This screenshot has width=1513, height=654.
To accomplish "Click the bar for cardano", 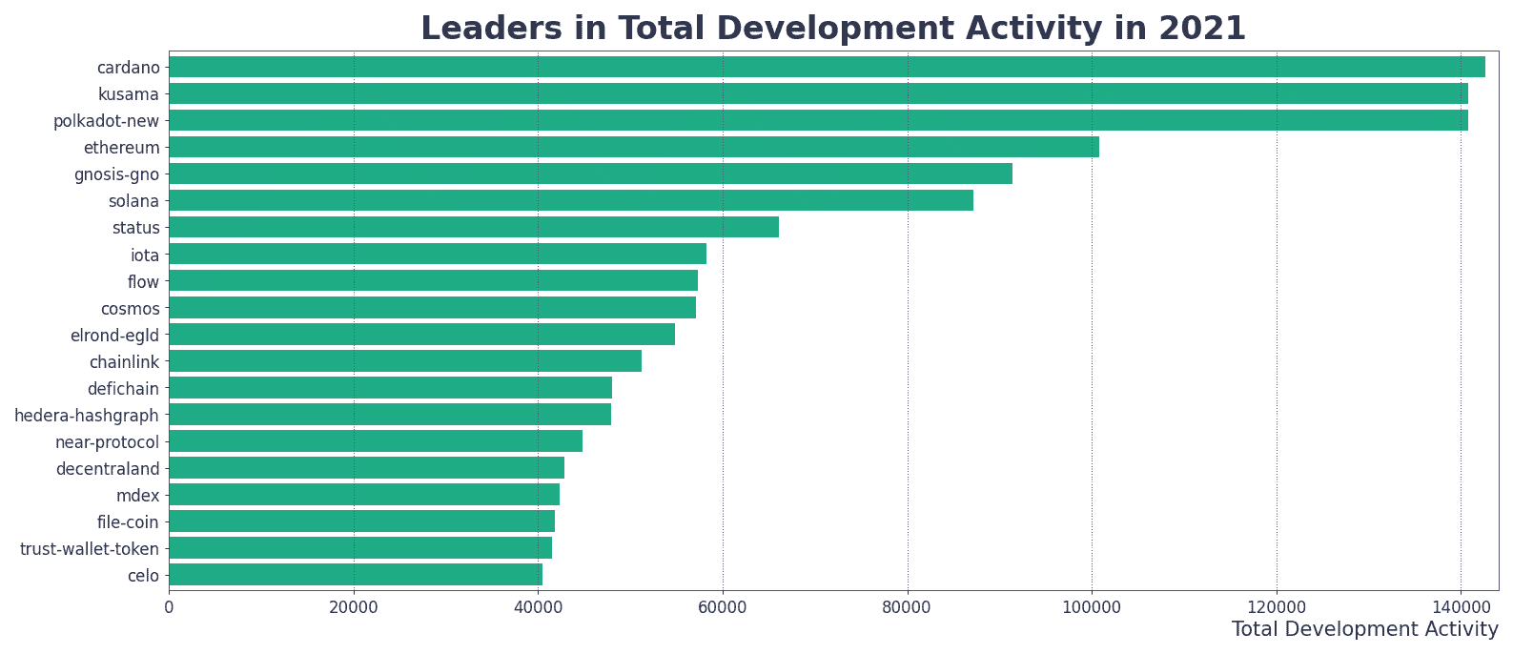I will [x=827, y=67].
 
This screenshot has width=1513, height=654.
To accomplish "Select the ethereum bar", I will [x=634, y=147].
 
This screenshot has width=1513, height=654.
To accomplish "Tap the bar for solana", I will [x=571, y=200].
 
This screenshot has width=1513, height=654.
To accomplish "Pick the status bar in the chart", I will [x=474, y=227].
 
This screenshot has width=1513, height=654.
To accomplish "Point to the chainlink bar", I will [x=405, y=361].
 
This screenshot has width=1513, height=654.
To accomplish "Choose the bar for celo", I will [x=356, y=575].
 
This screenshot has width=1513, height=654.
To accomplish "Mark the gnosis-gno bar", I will [x=590, y=174].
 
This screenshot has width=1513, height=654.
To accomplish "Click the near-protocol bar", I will [x=376, y=441].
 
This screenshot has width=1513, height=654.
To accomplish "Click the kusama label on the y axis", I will [x=129, y=94].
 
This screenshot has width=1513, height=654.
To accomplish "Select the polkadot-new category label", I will [x=107, y=121].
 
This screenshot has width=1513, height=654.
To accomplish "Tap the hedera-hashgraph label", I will [x=87, y=415].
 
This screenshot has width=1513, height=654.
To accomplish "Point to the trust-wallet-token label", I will [x=90, y=549].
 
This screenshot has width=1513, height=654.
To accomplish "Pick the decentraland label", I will [x=108, y=469].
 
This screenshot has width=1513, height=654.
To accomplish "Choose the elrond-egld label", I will [x=115, y=336].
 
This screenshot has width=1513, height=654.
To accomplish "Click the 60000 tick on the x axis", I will [x=723, y=608].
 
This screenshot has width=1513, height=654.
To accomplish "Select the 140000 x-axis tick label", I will [x=1461, y=608].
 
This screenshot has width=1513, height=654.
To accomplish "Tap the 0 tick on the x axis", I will [x=170, y=608].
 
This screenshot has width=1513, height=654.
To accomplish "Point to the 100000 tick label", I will [x=1092, y=608].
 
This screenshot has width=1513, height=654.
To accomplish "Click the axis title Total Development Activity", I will [x=1364, y=629].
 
